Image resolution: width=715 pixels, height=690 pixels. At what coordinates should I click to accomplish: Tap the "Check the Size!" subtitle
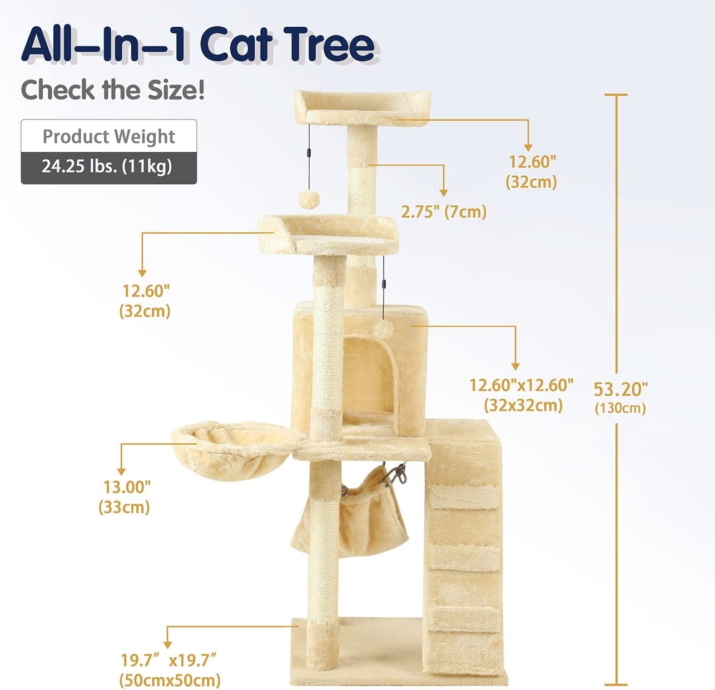tap(112, 90)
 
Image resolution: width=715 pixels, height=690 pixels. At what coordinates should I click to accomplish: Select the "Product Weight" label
tap(109, 137)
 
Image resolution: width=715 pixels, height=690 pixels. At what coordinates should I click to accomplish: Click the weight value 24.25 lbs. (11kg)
tap(107, 166)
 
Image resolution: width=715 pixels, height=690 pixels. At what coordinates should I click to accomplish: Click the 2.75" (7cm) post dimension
tap(444, 212)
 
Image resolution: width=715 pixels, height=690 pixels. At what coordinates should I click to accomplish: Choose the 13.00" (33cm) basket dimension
tap(125, 497)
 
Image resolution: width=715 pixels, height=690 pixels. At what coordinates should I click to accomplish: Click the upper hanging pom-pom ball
tap(309, 200)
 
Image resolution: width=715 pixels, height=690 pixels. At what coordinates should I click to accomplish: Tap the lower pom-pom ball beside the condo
tap(382, 329)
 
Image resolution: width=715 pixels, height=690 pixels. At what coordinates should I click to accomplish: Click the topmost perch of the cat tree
tap(363, 107)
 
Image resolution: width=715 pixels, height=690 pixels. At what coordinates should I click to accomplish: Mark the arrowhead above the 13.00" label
tap(121, 471)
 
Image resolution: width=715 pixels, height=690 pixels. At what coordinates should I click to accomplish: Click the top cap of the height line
tap(616, 95)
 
